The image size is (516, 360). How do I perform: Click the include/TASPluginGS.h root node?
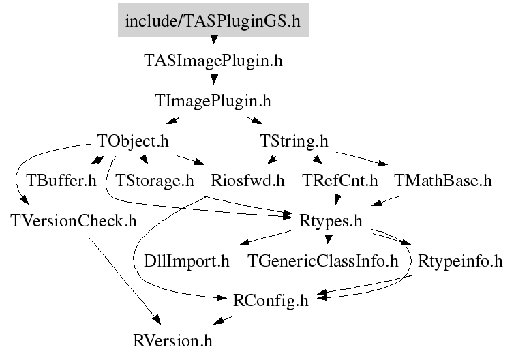click(213, 20)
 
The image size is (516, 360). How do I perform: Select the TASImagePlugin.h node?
click(213, 61)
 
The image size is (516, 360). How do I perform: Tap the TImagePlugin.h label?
click(213, 101)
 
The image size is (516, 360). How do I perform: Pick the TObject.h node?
click(133, 141)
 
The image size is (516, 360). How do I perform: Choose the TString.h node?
click(294, 141)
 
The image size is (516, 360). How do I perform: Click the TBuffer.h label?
click(61, 181)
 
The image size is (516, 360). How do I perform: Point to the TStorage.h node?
click(154, 181)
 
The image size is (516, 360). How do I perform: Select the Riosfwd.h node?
click(247, 181)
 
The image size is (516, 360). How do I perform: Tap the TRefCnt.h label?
click(340, 181)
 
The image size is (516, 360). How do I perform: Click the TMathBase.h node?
click(443, 181)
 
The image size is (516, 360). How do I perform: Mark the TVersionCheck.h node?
click(74, 220)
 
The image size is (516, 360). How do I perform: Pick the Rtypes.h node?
click(331, 221)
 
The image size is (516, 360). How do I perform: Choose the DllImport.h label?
click(187, 261)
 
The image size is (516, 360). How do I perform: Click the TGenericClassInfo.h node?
click(323, 261)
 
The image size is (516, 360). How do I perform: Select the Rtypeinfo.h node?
click(460, 261)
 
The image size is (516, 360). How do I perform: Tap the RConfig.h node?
click(271, 301)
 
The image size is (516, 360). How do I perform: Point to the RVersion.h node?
click(172, 341)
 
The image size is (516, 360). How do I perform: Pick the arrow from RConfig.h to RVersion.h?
click(223, 320)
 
